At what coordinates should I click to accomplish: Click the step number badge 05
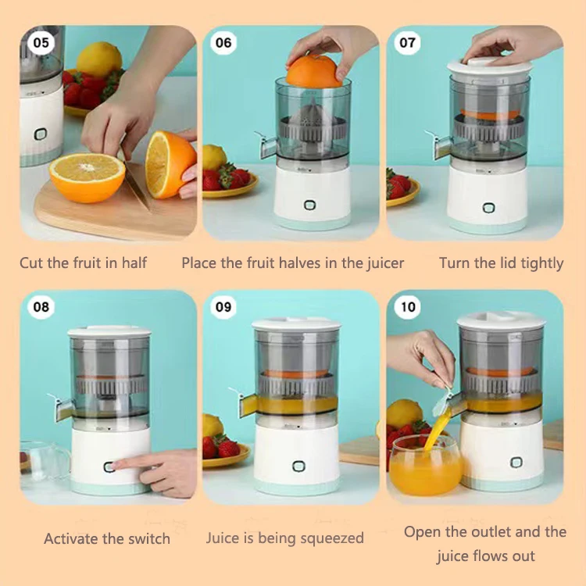41,43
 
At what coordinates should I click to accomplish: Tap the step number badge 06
223,43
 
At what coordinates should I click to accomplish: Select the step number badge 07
407,43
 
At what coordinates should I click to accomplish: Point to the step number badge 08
41,307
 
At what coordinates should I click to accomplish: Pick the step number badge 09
223,307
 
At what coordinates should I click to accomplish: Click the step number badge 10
408,307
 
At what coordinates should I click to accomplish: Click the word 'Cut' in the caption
31,263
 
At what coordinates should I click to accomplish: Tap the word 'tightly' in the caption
542,263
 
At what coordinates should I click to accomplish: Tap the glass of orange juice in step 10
425,466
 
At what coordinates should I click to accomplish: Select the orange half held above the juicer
314,71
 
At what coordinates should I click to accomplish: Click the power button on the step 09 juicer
298,466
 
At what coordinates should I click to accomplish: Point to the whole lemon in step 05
99,59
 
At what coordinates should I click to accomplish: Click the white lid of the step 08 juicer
109,332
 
